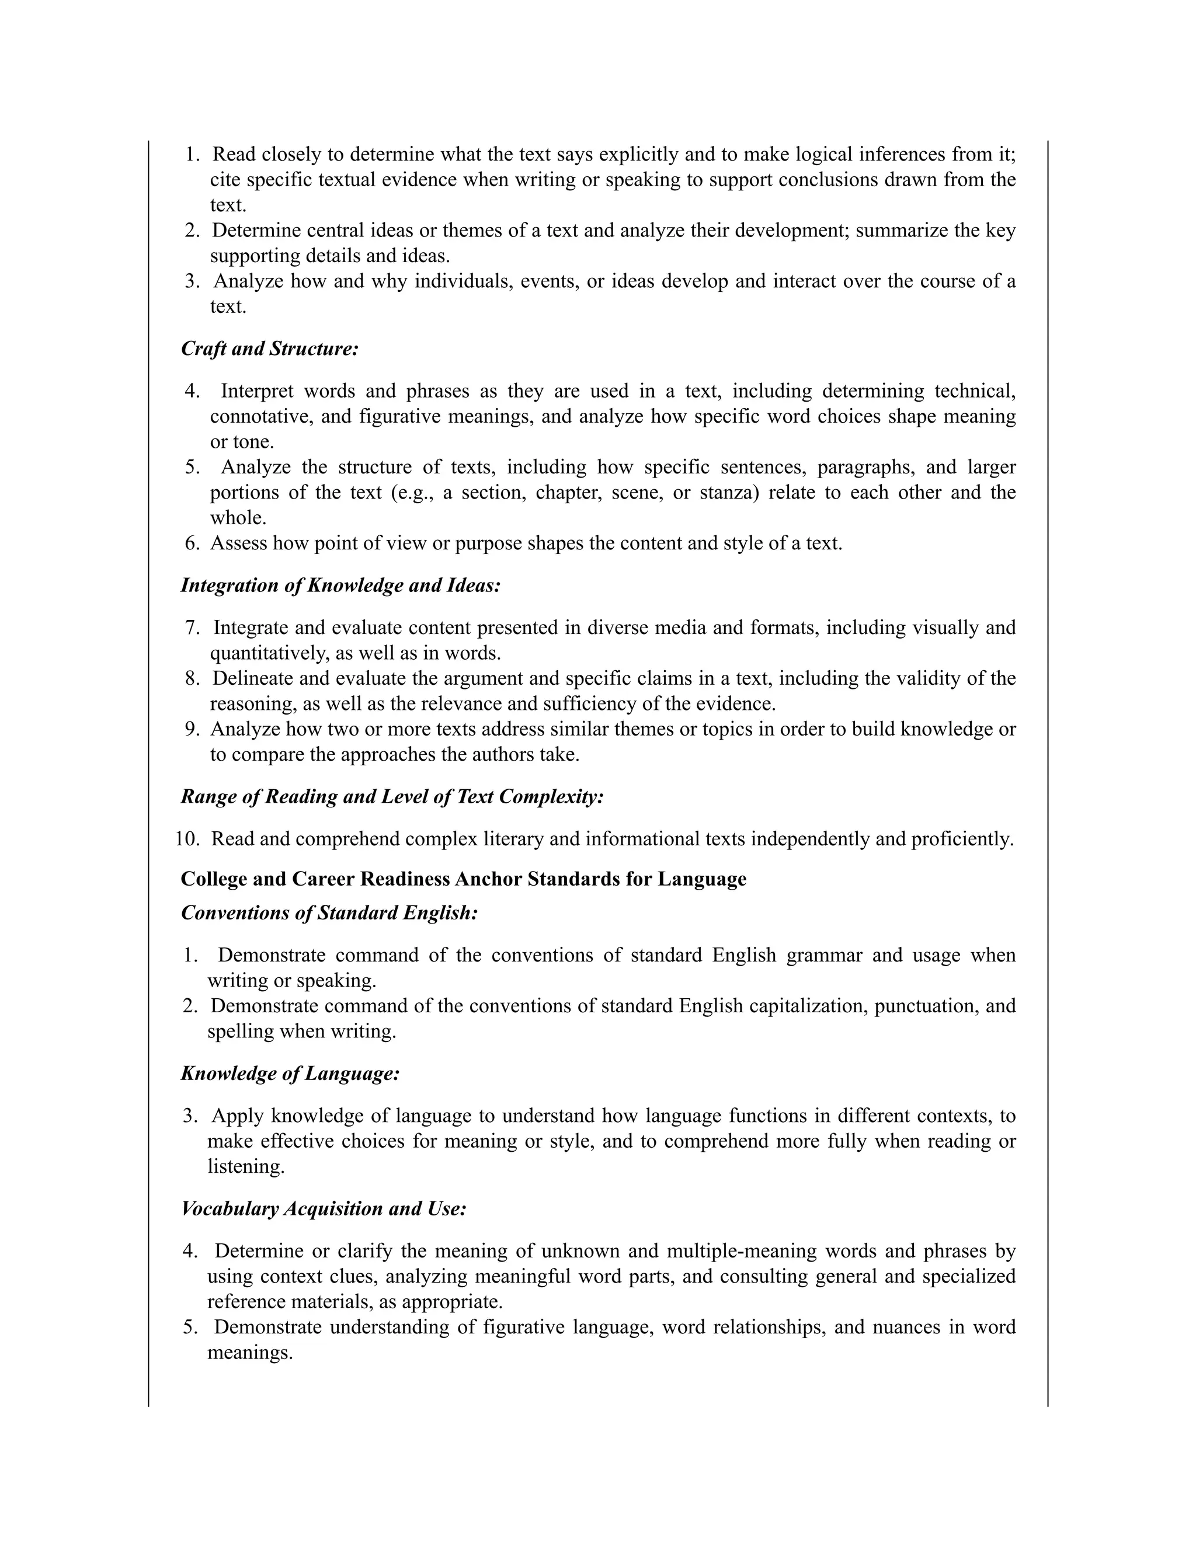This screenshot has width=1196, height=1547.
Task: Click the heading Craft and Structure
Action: pyautogui.click(x=269, y=349)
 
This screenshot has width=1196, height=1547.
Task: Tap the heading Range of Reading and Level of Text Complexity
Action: pyautogui.click(x=392, y=796)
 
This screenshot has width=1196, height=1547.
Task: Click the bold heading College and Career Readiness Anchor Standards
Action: pyautogui.click(x=463, y=879)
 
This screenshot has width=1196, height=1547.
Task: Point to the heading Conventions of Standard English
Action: pyautogui.click(x=329, y=912)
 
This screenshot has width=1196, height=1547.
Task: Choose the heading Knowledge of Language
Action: pyautogui.click(x=290, y=1073)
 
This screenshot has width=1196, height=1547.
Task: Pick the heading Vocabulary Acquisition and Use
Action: pyautogui.click(x=324, y=1208)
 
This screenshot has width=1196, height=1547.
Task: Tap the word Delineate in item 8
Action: pyautogui.click(x=252, y=678)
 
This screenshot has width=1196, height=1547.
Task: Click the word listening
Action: pyautogui.click(x=245, y=1166)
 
